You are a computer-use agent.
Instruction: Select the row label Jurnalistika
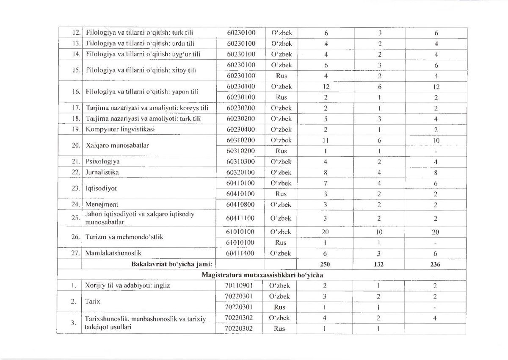(102, 172)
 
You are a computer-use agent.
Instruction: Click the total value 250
(325, 264)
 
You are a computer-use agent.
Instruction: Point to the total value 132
(379, 264)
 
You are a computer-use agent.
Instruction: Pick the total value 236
(436, 264)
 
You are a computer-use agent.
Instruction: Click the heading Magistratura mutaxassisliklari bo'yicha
(263, 275)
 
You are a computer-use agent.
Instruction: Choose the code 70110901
(239, 285)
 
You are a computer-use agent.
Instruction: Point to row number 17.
(76, 108)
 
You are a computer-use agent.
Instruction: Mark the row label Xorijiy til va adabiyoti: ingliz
(127, 285)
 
